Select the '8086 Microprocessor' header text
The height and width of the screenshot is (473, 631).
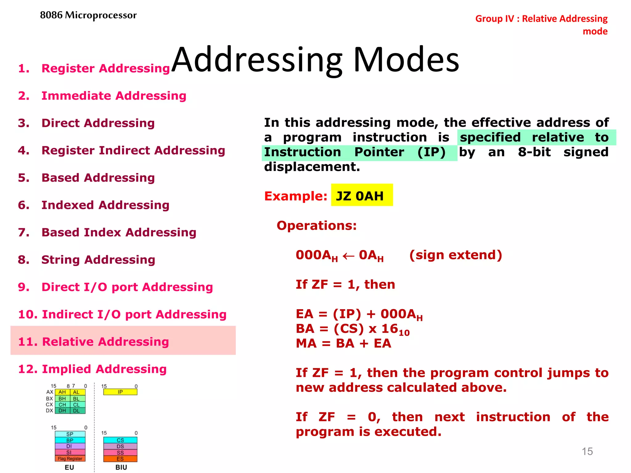88,15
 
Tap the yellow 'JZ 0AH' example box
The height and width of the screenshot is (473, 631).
362,195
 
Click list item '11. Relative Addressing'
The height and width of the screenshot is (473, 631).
94,341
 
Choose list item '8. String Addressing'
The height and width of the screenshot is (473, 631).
86,259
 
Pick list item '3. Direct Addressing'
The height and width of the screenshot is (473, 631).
86,123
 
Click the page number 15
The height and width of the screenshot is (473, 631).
587,451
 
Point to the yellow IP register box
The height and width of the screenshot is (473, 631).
120,392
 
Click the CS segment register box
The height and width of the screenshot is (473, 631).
120,440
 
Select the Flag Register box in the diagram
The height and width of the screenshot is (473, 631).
70,459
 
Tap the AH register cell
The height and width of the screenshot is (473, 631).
62,392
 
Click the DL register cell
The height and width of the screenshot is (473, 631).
76,410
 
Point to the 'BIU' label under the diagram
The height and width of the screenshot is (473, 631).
121,467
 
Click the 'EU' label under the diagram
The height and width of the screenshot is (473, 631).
69,467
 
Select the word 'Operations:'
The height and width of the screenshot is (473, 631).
316,225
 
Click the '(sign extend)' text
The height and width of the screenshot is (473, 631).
455,255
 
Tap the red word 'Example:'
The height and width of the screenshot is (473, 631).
295,196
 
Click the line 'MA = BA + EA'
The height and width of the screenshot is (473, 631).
343,343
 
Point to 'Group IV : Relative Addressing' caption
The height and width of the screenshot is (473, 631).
541,18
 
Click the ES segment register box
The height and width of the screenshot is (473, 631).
120,459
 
